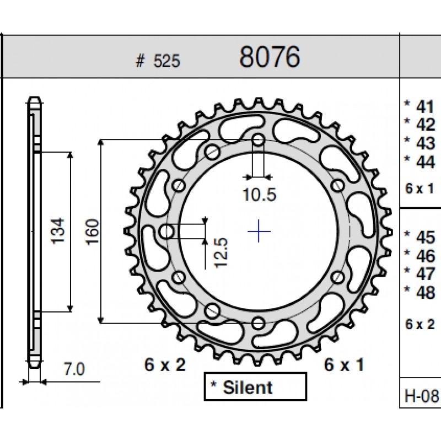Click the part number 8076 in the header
coord(270,57)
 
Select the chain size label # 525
coord(158,61)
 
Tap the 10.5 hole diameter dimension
coord(259,195)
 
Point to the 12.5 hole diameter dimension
coord(220,253)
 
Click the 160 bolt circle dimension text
coord(93,232)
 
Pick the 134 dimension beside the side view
coord(58,230)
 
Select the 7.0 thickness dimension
coord(74,369)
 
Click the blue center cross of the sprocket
coord(259,231)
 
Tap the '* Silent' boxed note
coord(255,387)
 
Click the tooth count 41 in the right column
coord(425,106)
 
